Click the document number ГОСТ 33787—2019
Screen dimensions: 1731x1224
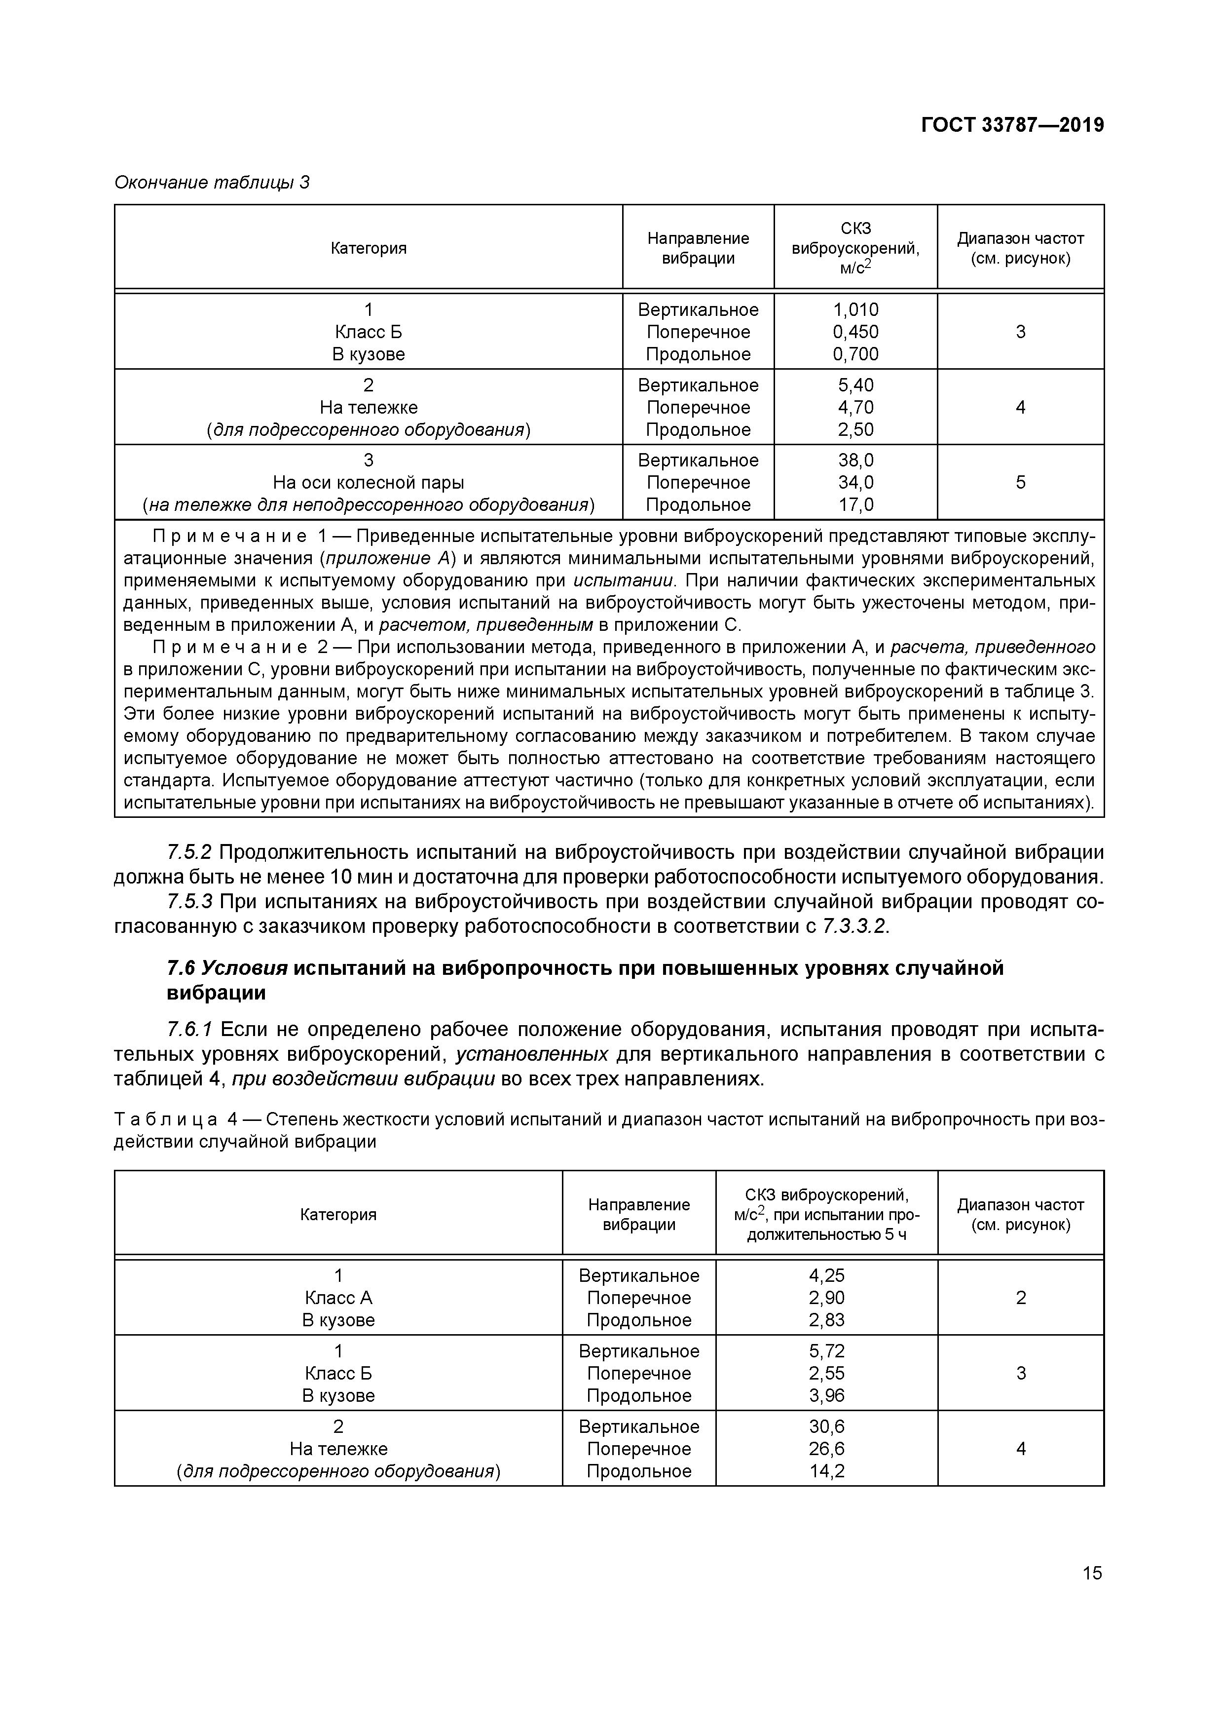click(1012, 125)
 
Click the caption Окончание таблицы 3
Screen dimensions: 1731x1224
click(212, 183)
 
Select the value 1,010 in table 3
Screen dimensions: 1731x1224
click(855, 310)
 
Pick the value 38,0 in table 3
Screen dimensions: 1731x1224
click(855, 461)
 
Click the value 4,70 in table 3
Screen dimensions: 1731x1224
click(855, 408)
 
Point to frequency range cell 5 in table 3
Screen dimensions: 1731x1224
click(1021, 483)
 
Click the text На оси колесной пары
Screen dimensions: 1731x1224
click(369, 483)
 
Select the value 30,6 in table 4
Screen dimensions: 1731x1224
click(827, 1426)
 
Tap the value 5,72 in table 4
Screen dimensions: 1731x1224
click(827, 1351)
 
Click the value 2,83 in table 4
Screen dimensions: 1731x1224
click(827, 1320)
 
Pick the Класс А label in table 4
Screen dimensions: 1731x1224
click(338, 1298)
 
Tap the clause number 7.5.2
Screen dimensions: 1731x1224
click(189, 853)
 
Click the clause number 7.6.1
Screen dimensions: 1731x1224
click(189, 1030)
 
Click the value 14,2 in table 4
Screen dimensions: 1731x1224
click(827, 1471)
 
